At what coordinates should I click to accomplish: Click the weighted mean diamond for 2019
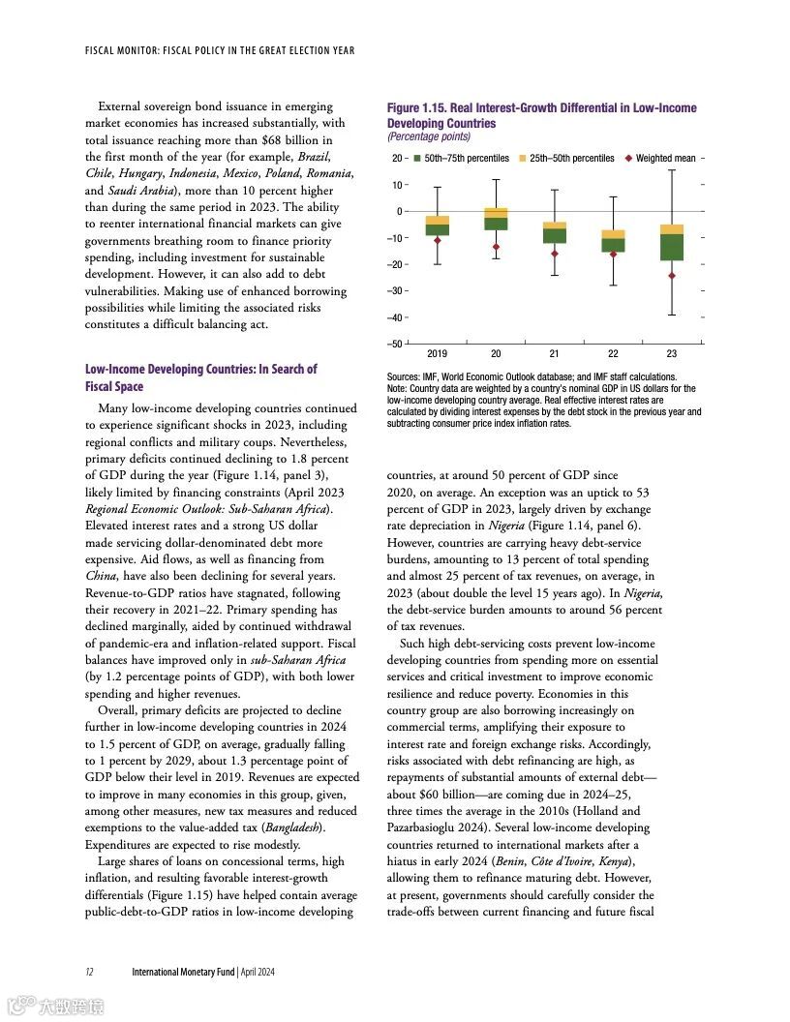(438, 241)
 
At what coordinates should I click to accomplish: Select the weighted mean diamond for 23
(672, 276)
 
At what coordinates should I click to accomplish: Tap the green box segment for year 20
(496, 224)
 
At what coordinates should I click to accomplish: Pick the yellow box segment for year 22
(613, 234)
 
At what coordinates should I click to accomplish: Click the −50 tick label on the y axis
(396, 345)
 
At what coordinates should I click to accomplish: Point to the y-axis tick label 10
(397, 185)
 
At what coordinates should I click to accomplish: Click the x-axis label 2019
(438, 354)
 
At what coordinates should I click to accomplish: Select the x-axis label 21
(555, 354)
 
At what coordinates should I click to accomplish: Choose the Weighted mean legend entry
(665, 158)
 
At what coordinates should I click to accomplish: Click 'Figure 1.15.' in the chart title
(416, 108)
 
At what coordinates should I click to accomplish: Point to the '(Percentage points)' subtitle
(428, 137)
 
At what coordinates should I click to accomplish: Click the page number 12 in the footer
(89, 972)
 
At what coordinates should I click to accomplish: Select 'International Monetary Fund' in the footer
(183, 972)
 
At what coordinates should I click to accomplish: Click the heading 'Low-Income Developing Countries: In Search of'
(200, 370)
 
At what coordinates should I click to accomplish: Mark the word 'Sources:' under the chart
(402, 376)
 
